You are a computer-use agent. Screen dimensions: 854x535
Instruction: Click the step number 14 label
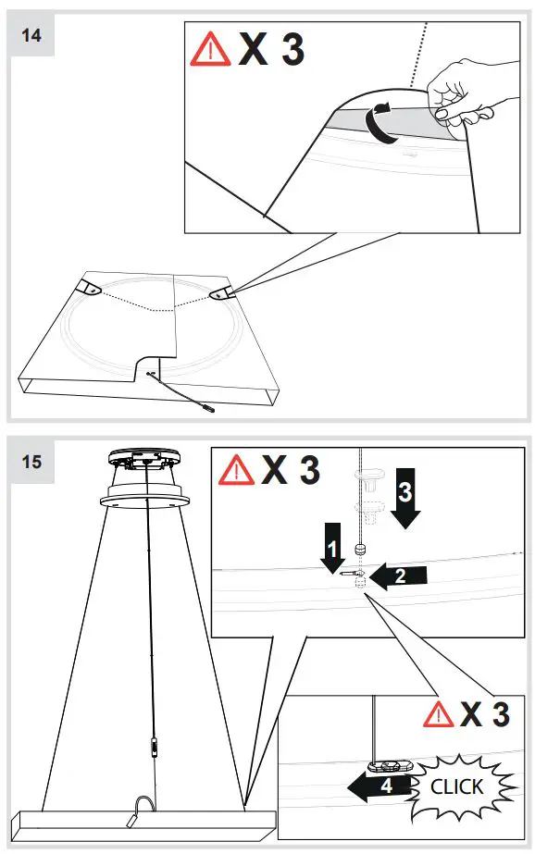click(31, 35)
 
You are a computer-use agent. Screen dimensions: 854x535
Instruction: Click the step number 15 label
click(31, 460)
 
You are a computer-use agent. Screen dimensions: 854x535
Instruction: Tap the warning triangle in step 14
click(209, 51)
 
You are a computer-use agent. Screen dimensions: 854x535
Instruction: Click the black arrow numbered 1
click(331, 550)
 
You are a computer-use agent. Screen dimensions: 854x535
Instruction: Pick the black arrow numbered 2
click(398, 576)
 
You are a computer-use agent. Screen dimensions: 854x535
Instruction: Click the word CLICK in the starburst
click(457, 786)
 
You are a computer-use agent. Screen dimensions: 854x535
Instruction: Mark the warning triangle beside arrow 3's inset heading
click(237, 471)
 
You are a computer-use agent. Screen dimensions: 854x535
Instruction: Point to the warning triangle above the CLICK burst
click(439, 714)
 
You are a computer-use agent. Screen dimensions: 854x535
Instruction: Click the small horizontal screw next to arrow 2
click(349, 575)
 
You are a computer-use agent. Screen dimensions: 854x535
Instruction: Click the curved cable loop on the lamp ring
click(144, 804)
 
